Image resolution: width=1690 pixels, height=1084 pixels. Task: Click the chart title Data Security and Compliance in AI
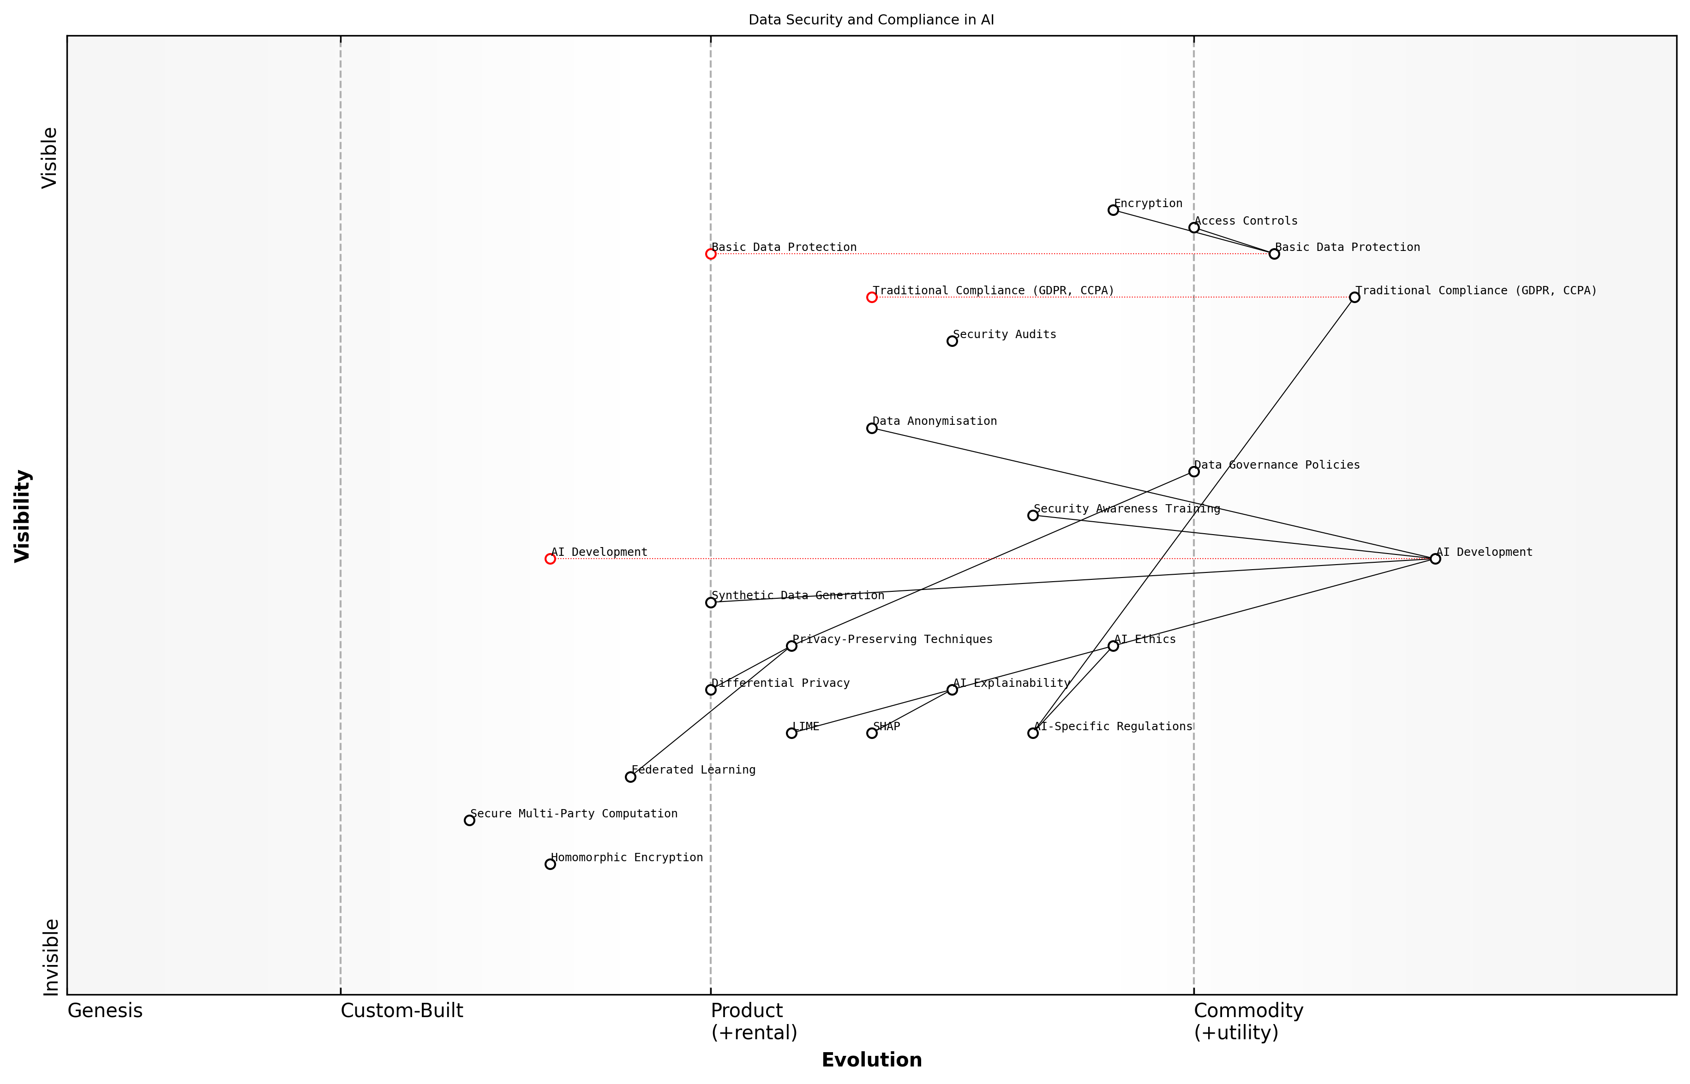[x=871, y=20]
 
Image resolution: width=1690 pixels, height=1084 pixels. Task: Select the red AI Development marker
[x=550, y=559]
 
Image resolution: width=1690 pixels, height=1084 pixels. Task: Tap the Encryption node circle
[x=1113, y=210]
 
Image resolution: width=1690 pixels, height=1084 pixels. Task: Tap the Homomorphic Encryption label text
[x=627, y=858]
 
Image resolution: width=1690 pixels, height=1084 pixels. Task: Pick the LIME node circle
[x=791, y=733]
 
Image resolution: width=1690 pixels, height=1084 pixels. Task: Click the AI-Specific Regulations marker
[x=1033, y=733]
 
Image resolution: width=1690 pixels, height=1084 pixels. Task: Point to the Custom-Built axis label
[x=402, y=1011]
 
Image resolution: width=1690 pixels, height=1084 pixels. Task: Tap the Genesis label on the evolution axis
[x=105, y=1011]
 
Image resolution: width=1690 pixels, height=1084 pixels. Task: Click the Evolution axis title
[x=871, y=1060]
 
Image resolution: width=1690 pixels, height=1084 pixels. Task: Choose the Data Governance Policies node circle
[x=1193, y=471]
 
